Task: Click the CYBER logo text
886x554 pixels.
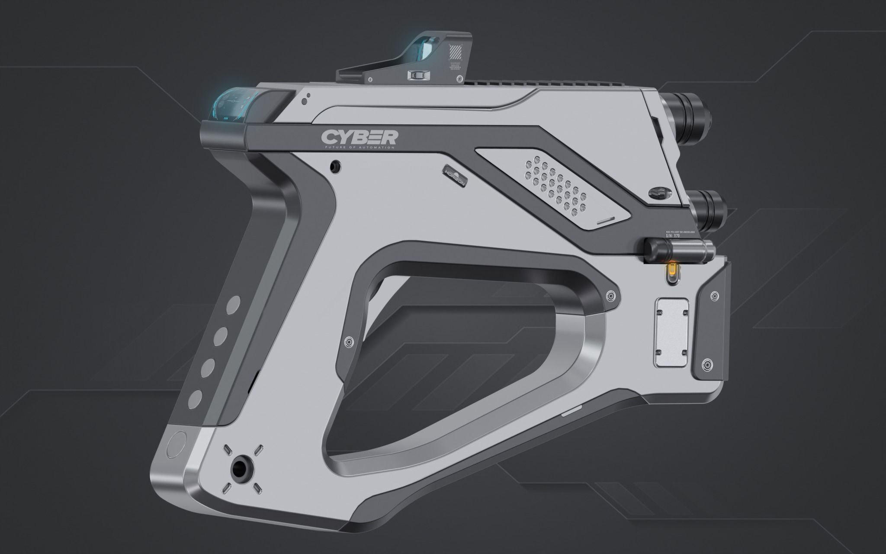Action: point(359,137)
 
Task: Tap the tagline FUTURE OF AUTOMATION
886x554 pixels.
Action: point(359,148)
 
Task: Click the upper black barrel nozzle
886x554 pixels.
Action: point(691,113)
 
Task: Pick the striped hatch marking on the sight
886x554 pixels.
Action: point(456,52)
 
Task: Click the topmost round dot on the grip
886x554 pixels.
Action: point(234,304)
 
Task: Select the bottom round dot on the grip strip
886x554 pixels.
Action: point(195,399)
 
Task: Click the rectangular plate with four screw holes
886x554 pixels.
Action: point(672,332)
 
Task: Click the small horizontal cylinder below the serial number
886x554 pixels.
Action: point(677,250)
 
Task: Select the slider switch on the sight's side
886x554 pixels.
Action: point(417,76)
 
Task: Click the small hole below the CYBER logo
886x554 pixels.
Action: point(334,166)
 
